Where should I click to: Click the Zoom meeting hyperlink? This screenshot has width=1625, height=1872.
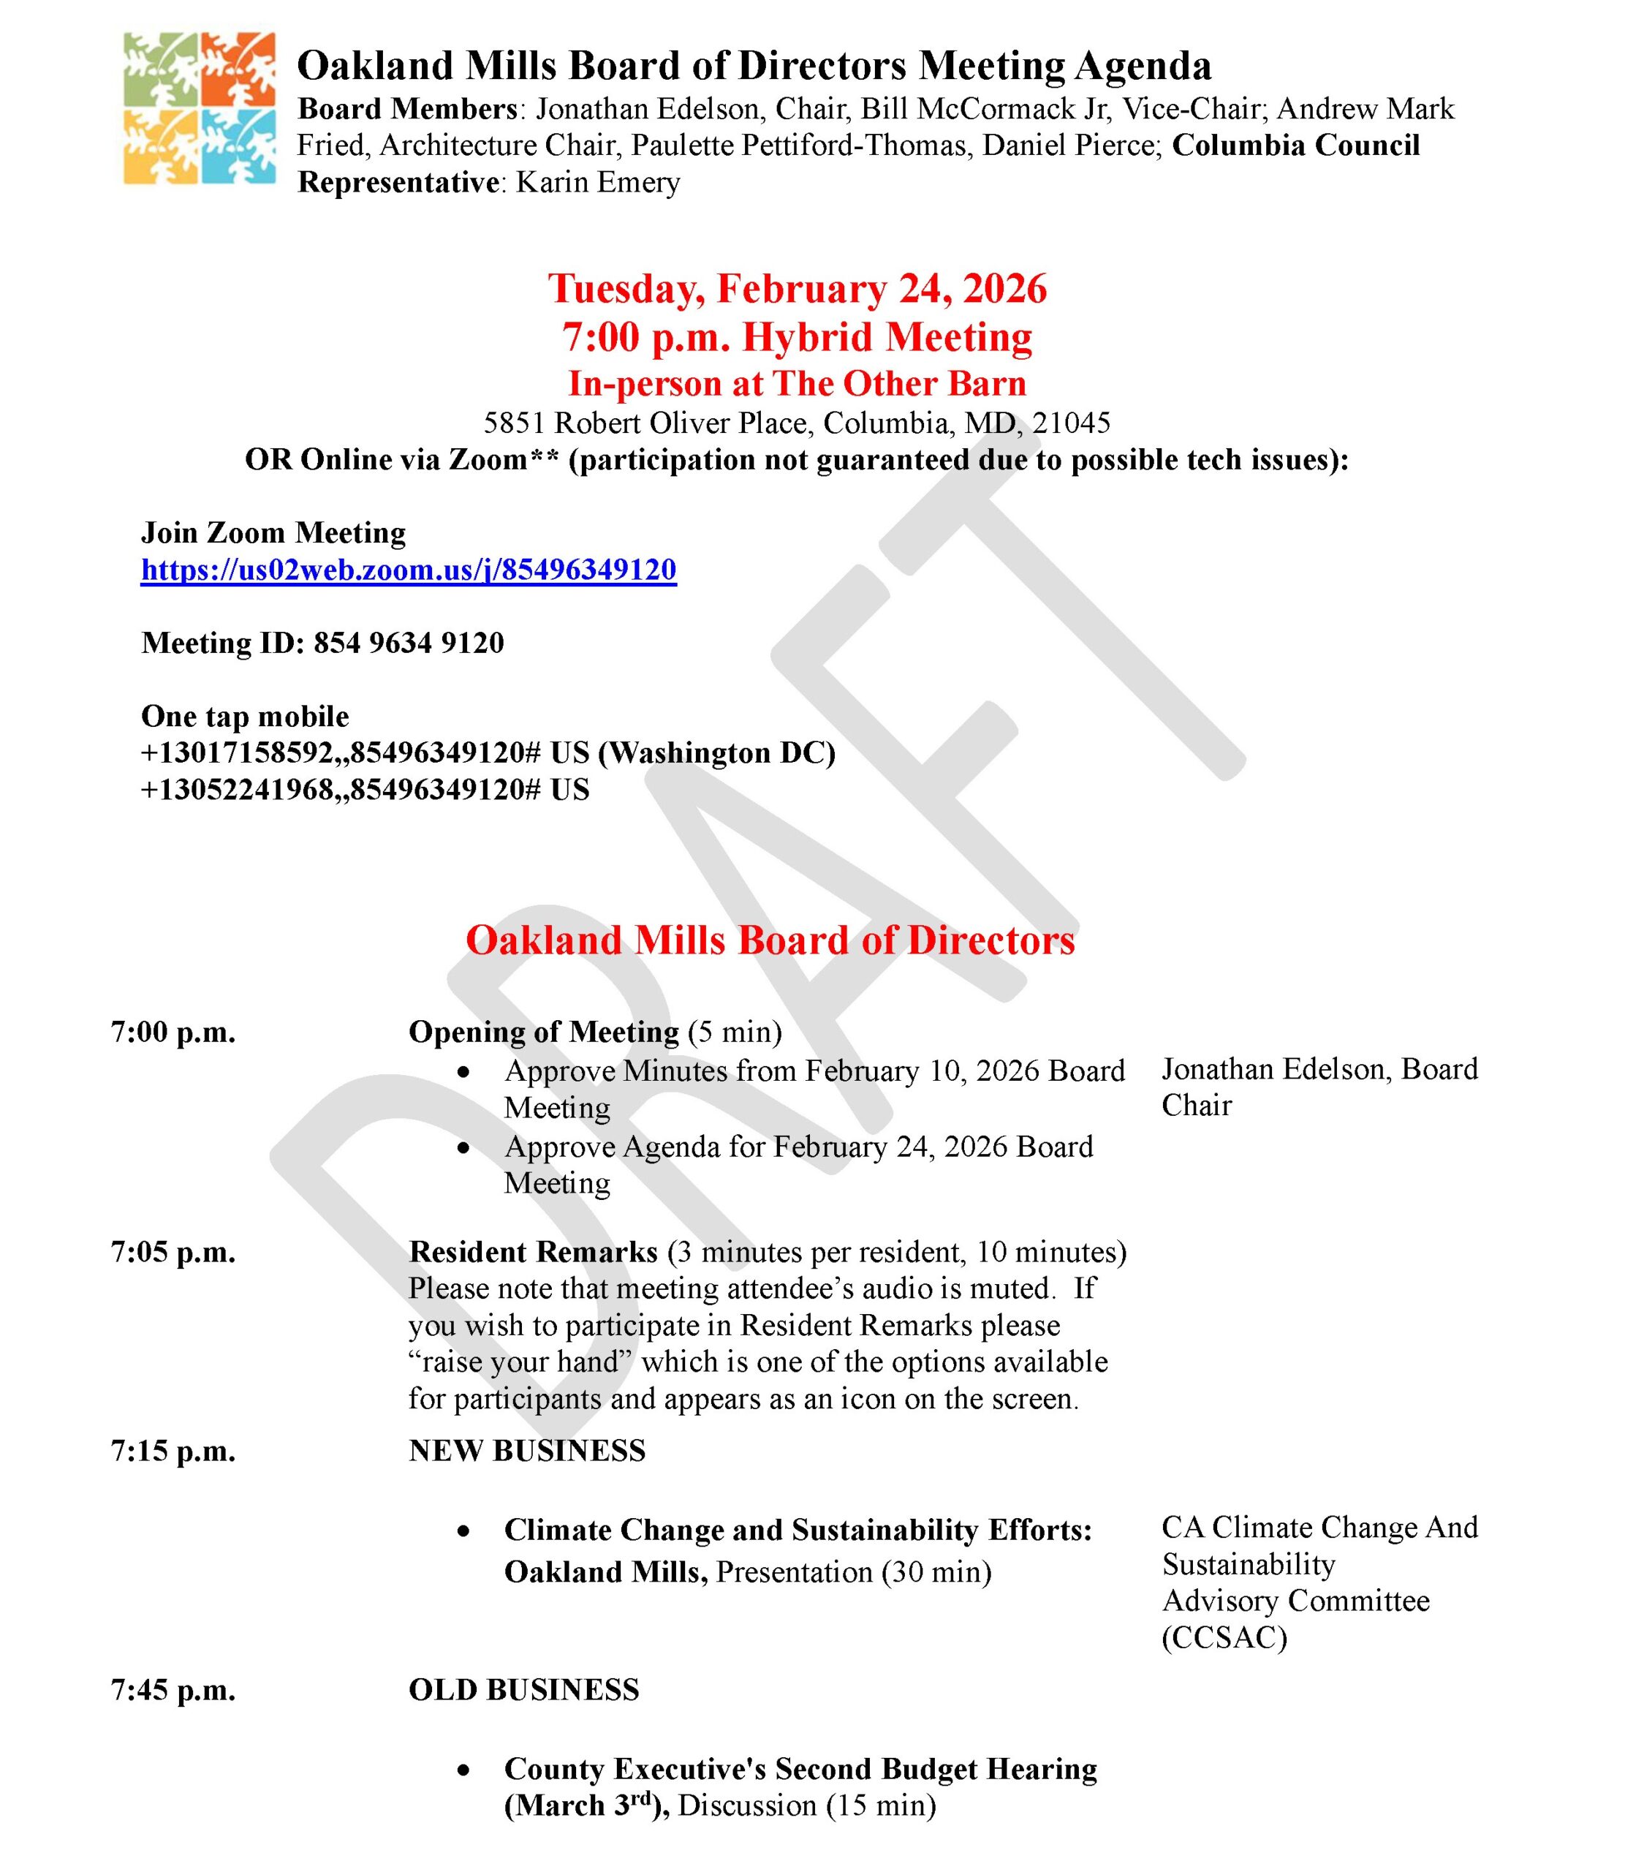(408, 570)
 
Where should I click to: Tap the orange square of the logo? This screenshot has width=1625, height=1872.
(238, 70)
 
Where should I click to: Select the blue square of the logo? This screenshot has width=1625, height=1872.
(238, 147)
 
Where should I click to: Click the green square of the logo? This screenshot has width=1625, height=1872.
(162, 70)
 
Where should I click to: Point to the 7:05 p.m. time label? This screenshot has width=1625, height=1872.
(173, 1252)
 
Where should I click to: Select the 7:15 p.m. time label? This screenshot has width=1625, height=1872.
(173, 1450)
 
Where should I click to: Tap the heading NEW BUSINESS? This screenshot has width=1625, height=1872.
(527, 1450)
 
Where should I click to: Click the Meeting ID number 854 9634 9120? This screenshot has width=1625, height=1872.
(408, 643)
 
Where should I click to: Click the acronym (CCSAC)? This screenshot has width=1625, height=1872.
(1224, 1637)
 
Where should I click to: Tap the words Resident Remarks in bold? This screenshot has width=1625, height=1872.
(533, 1252)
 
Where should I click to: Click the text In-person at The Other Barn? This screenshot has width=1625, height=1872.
(797, 384)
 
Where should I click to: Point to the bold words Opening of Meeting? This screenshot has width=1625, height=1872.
(543, 1032)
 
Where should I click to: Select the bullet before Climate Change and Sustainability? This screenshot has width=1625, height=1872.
(464, 1531)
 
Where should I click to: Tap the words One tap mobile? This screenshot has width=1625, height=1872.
(245, 717)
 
